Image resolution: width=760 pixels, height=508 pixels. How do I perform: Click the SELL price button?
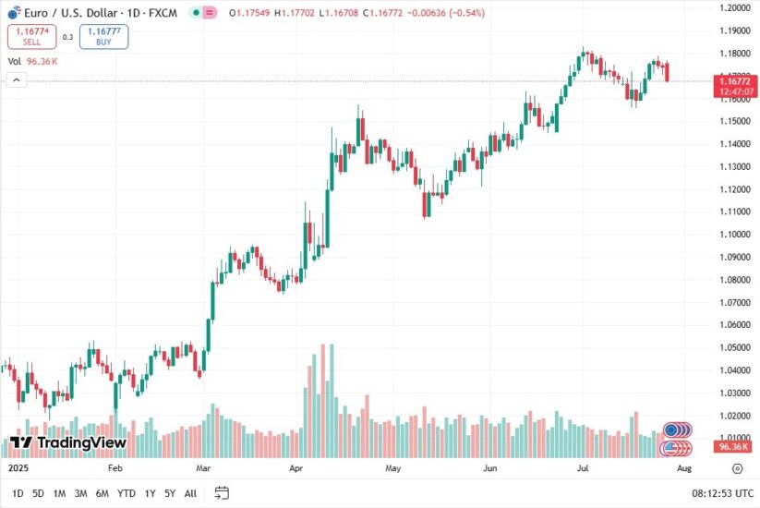tap(32, 37)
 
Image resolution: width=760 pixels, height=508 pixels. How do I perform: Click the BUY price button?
tap(103, 37)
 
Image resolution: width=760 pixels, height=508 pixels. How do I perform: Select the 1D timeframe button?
tap(18, 493)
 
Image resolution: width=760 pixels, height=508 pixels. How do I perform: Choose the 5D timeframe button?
tap(38, 493)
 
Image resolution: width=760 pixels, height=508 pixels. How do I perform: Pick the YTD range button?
tap(127, 493)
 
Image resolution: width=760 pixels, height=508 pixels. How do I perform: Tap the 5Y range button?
tap(171, 493)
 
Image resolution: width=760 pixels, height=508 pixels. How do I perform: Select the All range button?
tap(190, 493)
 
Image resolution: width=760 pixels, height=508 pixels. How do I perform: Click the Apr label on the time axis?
tap(296, 468)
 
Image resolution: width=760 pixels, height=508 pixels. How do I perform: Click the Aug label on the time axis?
tap(683, 468)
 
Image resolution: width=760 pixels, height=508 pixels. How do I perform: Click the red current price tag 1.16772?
tap(734, 81)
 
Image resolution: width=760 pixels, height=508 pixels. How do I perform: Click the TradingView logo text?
tap(69, 442)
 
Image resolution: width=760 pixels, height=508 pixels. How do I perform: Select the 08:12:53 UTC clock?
tap(724, 493)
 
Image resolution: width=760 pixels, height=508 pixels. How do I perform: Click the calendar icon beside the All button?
tap(222, 492)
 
